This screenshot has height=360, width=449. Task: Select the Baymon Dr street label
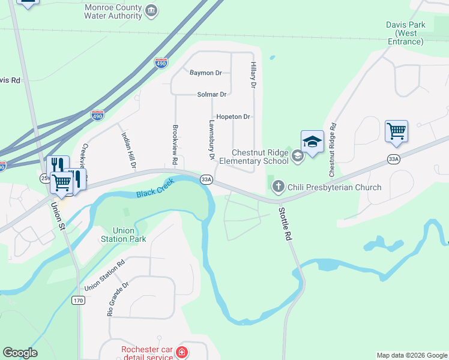205,73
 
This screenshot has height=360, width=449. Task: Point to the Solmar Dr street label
211,94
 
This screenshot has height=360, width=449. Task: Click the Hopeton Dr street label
233,116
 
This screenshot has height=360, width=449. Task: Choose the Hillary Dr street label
253,76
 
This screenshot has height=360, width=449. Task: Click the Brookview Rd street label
175,145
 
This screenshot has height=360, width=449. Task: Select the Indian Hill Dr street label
129,149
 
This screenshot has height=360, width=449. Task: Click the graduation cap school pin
312,143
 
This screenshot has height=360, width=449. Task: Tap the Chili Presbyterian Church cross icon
278,187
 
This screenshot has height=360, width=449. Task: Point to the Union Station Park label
129,235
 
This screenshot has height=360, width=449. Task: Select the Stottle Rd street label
285,224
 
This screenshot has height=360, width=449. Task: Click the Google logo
20,353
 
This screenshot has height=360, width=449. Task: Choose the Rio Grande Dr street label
118,299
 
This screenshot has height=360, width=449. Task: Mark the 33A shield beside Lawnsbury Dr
206,179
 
